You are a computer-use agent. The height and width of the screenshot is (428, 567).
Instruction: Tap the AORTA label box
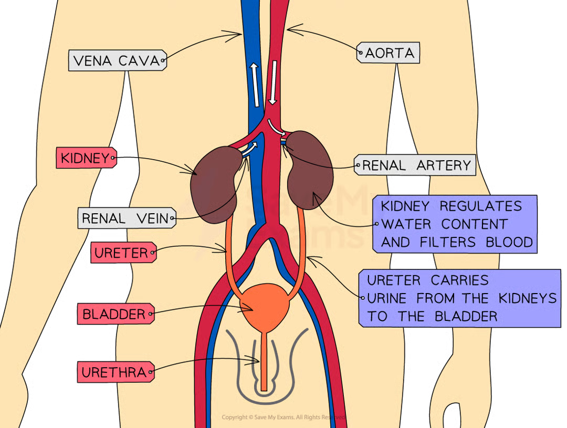[x=390, y=53]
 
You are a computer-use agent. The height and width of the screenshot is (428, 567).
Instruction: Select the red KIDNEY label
[x=85, y=158]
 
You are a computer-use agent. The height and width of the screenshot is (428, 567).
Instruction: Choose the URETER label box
[x=121, y=253]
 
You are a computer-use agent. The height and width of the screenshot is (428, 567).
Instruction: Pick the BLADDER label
[x=114, y=315]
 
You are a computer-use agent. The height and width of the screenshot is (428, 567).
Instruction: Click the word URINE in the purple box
[x=386, y=298]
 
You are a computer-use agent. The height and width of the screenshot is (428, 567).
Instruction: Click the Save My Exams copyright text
[x=283, y=417]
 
